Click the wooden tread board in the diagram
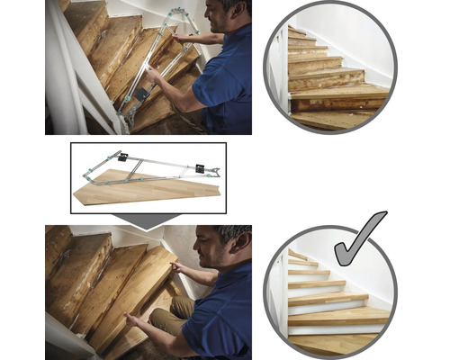(x=144, y=187)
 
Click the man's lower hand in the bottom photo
(x=134, y=319)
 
